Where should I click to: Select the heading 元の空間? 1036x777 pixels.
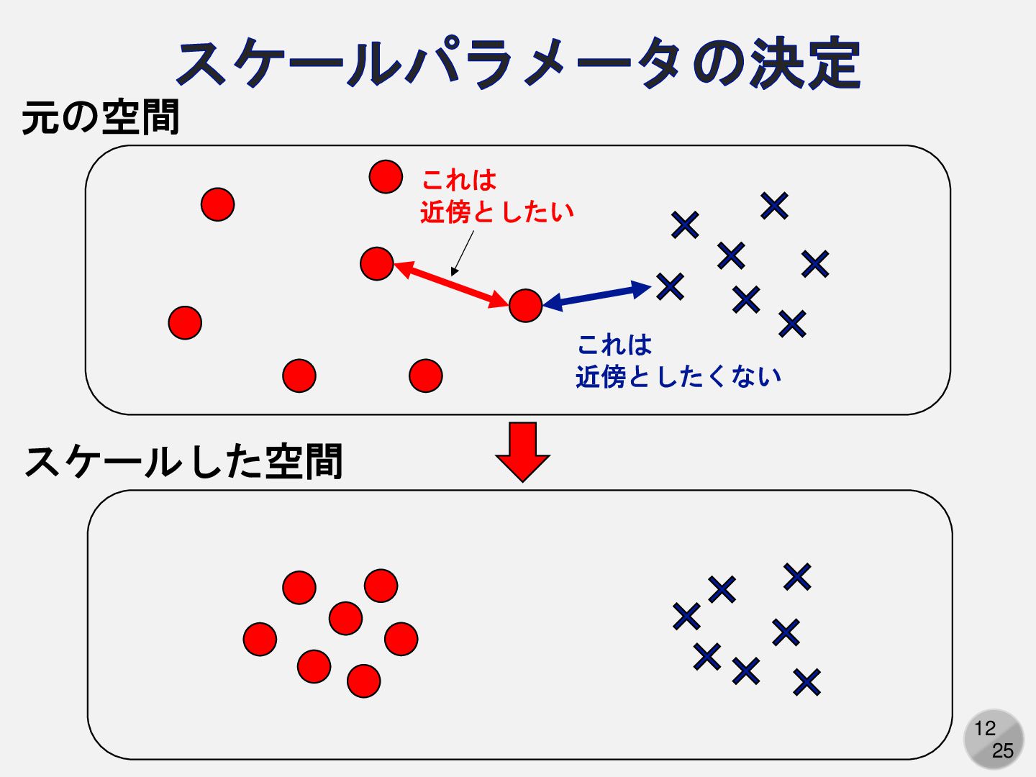coord(100,117)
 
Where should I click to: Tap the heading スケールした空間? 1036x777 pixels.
coord(183,461)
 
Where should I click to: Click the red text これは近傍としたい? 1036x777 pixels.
coord(496,196)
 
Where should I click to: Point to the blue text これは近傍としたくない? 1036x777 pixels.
coord(678,360)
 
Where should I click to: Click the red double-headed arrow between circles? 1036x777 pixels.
coord(451,284)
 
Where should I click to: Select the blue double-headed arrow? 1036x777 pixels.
coord(596,296)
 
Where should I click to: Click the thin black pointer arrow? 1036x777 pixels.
coord(463,253)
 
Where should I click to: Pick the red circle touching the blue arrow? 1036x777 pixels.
coord(525,306)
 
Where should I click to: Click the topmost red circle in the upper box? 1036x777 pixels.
coord(386,176)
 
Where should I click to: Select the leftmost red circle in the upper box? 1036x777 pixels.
coord(185,322)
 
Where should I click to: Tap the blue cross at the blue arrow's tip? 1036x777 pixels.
coord(670,286)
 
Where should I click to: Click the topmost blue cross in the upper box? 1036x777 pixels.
coord(774,206)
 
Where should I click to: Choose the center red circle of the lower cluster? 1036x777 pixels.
coord(345,618)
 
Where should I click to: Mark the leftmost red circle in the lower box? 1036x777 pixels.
coord(260,639)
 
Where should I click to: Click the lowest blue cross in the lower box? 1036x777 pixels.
coord(806,681)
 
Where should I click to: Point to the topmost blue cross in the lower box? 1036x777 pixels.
coord(797,576)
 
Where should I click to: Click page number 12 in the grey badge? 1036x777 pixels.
coord(985,728)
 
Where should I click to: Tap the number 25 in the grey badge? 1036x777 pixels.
coord(1002,750)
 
